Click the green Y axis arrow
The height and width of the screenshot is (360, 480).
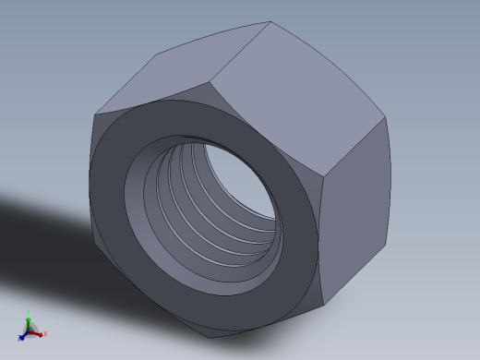[29, 319]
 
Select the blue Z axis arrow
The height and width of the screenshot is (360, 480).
[23, 336]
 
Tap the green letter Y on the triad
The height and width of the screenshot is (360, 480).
[29, 313]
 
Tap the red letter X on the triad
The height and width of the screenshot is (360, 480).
[44, 334]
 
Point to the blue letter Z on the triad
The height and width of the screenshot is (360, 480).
[18, 339]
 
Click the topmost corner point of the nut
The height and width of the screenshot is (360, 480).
[270, 21]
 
